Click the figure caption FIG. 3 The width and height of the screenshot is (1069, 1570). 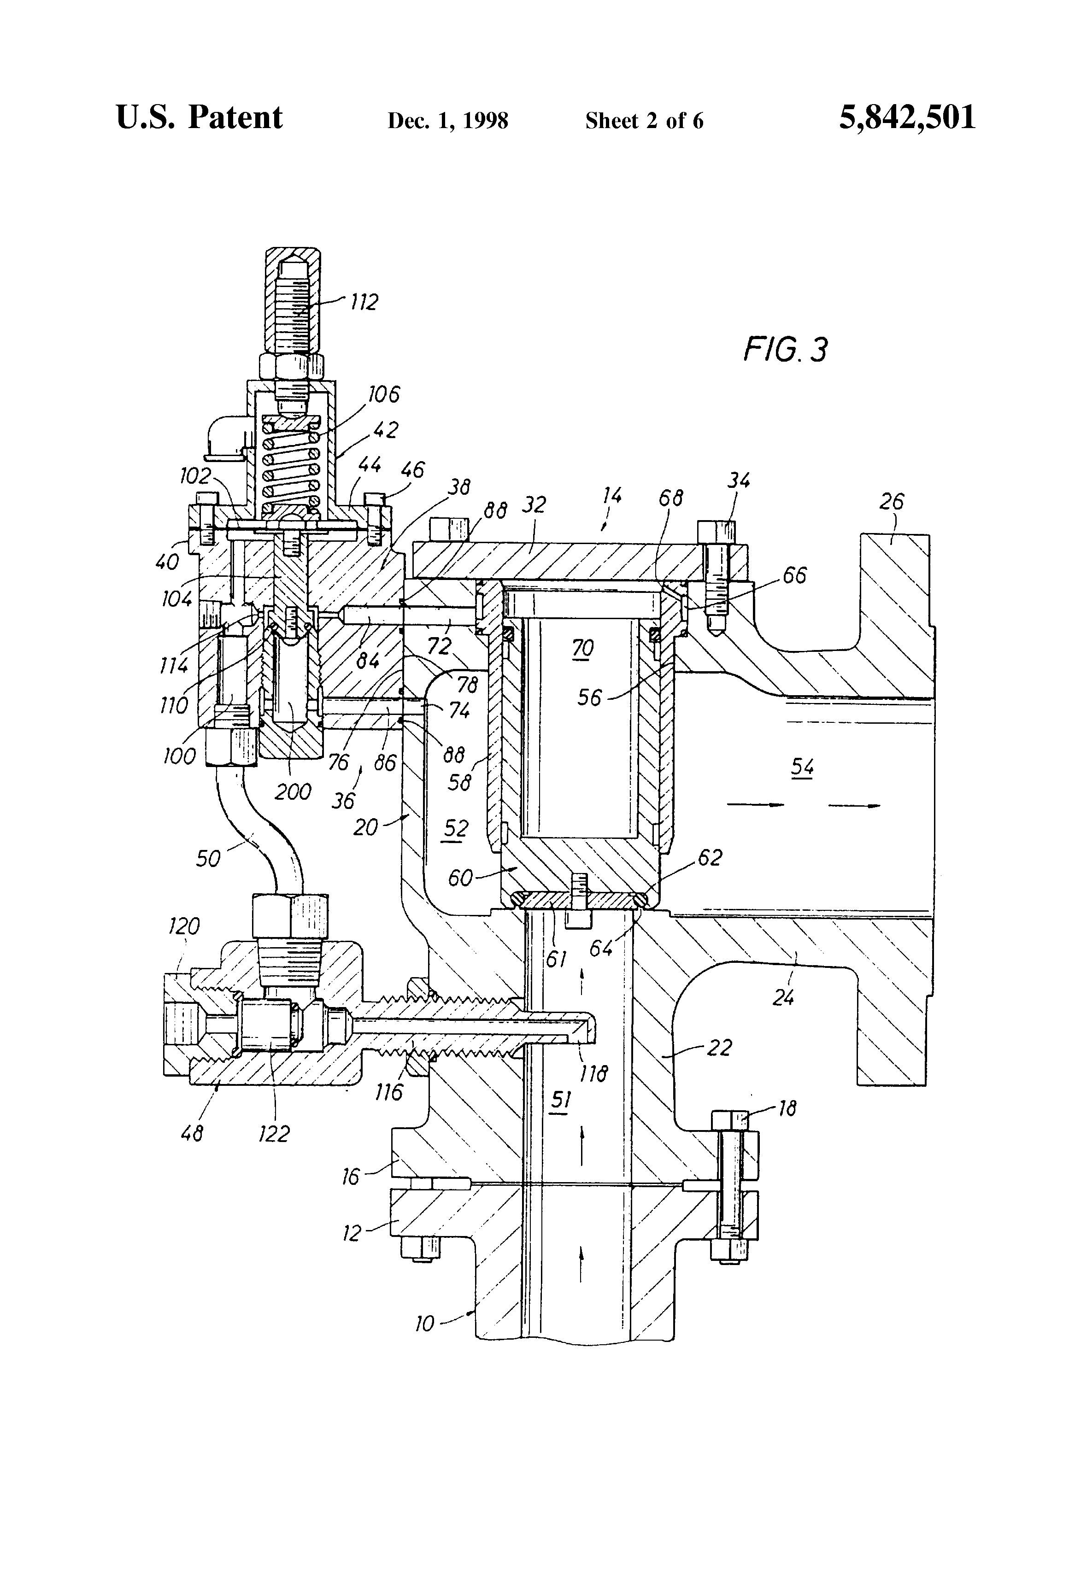click(x=785, y=350)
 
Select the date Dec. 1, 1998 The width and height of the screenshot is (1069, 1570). click(x=447, y=121)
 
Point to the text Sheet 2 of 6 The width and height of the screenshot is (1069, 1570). click(x=644, y=121)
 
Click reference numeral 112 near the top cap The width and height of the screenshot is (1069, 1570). click(x=364, y=301)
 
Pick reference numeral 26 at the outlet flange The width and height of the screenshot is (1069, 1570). click(x=891, y=501)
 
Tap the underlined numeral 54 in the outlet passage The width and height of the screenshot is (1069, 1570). click(x=802, y=768)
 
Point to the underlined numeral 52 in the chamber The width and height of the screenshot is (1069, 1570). click(x=455, y=828)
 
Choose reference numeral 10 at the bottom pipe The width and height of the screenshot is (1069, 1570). click(x=424, y=1324)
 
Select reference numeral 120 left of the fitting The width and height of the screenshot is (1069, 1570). click(x=184, y=926)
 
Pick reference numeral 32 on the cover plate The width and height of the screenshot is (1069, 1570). click(x=534, y=504)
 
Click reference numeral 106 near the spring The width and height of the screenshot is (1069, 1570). click(x=384, y=394)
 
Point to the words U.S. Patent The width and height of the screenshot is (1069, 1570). click(x=200, y=117)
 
